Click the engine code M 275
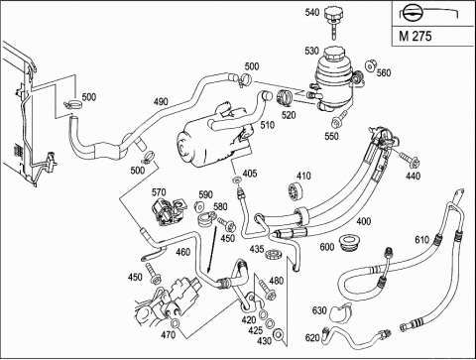[416, 36]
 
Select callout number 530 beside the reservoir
[311, 51]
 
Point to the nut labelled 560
[370, 65]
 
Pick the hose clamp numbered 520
[284, 97]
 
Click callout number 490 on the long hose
[161, 102]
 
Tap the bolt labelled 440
[410, 160]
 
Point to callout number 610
[422, 239]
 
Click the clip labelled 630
[340, 312]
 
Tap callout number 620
[312, 338]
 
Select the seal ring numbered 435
[275, 255]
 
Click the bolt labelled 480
[267, 289]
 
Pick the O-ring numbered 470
[175, 322]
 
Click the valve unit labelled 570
[168, 211]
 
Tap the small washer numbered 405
[237, 180]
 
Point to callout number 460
[183, 252]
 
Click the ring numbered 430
[279, 333]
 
